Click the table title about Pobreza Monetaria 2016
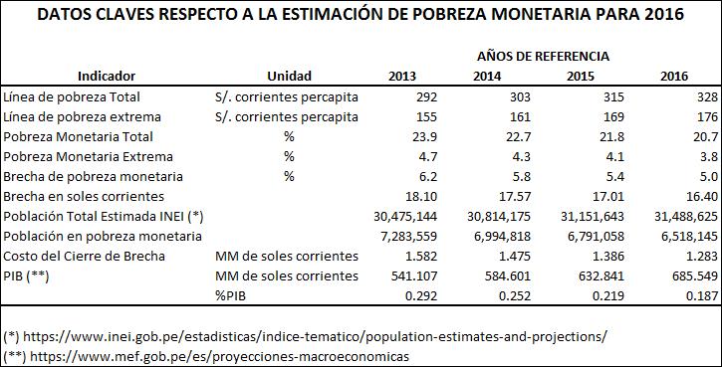pos(361,15)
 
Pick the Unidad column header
pos(289,76)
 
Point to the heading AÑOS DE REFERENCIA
pos(543,57)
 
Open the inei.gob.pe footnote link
pos(314,336)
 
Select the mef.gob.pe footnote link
pos(217,355)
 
